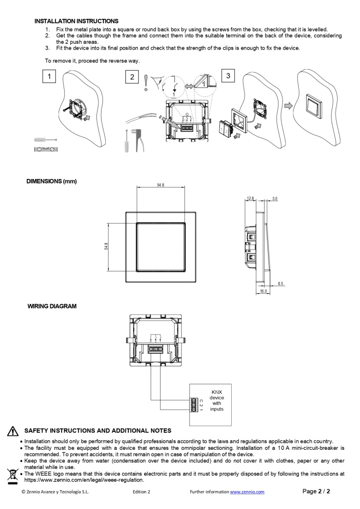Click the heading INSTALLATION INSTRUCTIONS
pos(76,21)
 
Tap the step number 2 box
pos(132,77)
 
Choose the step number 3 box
pos(228,76)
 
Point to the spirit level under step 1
pos(45,149)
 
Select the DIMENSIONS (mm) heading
pos(52,181)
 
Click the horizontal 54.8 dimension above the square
pos(160,185)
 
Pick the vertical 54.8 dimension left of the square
pos(106,247)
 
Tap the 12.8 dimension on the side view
pos(250,198)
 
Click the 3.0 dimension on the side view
pos(275,198)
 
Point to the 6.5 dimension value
pos(281,283)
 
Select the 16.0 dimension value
pos(263,291)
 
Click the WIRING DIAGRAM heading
pos(52,306)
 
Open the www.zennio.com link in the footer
pos(247,492)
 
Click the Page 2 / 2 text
pos(316,491)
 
